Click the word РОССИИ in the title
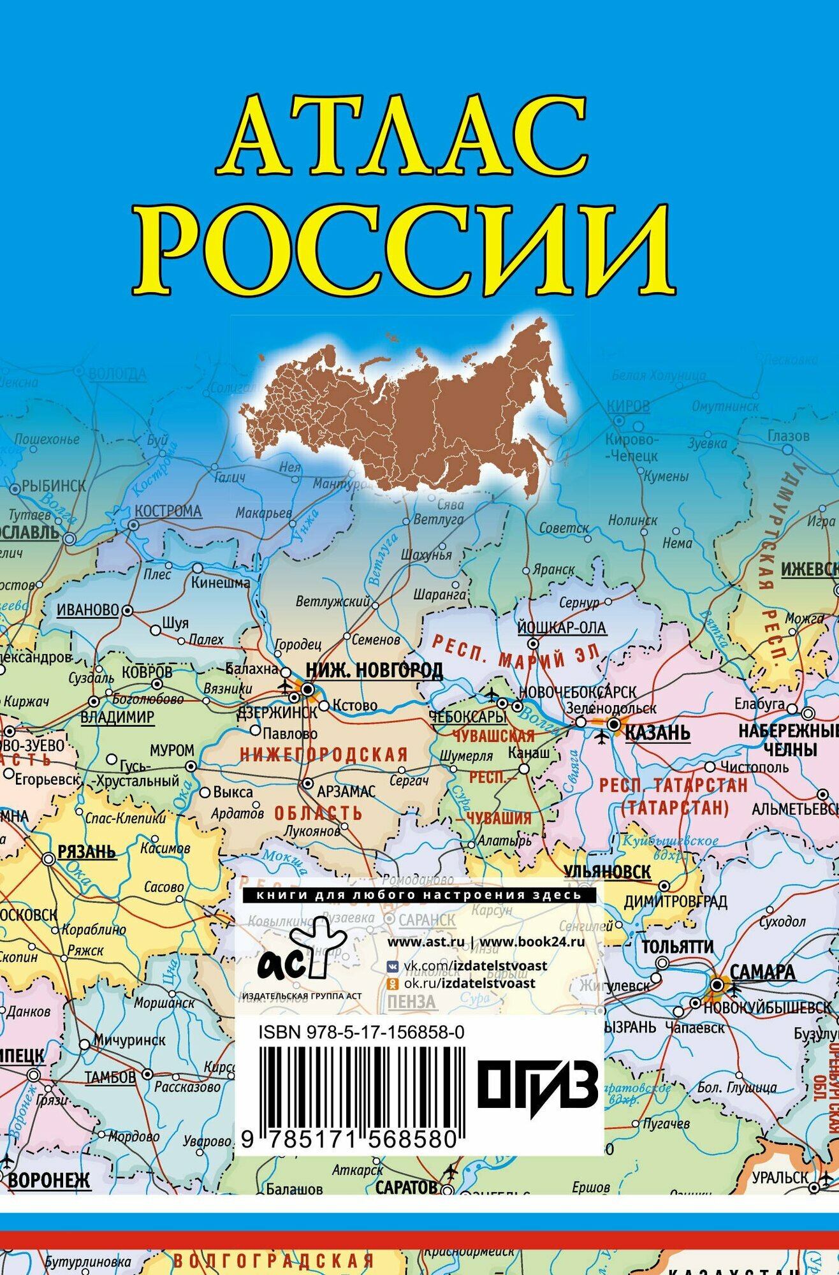[x=404, y=249]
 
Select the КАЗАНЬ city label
[x=657, y=732]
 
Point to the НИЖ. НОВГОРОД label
[x=374, y=670]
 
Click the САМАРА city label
[x=762, y=972]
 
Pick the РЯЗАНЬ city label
[x=87, y=852]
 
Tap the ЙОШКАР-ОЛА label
[x=561, y=628]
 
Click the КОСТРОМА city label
[x=168, y=511]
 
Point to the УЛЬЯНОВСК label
[x=607, y=871]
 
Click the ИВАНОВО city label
[x=88, y=610]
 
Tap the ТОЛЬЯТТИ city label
[x=677, y=947]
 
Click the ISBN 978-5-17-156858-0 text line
[x=361, y=1032]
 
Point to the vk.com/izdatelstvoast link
[x=475, y=965]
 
